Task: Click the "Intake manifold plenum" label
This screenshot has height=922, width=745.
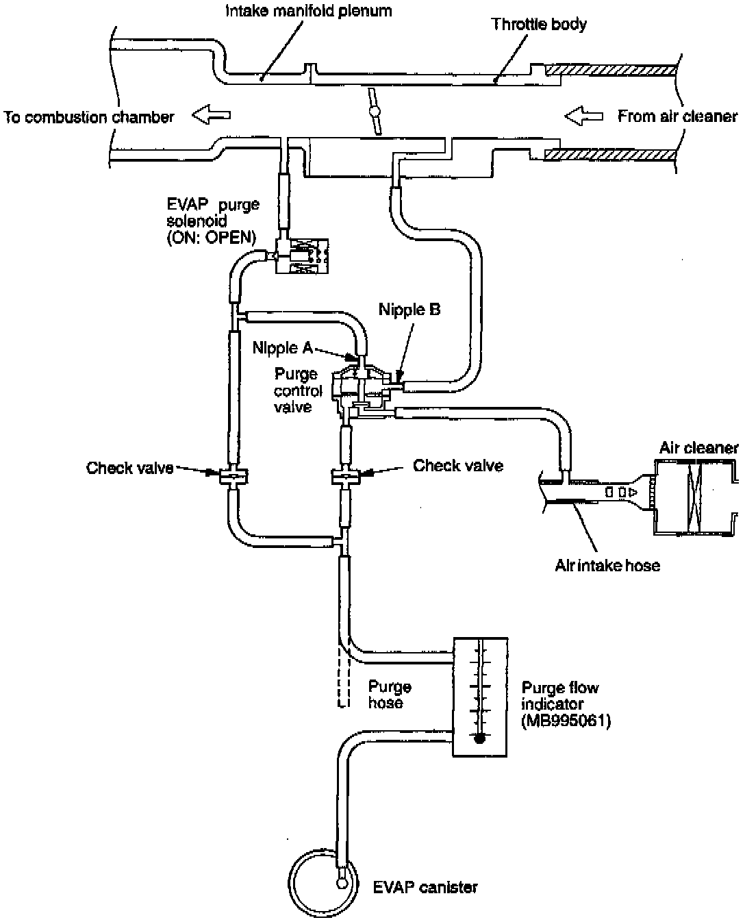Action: click(308, 11)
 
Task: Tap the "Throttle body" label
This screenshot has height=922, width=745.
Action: click(539, 25)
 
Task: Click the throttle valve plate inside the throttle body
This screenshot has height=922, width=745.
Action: click(374, 111)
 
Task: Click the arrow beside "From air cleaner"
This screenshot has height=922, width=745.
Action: click(583, 116)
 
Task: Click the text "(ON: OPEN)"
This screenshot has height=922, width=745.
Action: click(212, 238)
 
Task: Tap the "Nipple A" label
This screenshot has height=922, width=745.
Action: click(281, 348)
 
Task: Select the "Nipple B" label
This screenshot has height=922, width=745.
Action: click(409, 310)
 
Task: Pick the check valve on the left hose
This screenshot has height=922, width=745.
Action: click(233, 475)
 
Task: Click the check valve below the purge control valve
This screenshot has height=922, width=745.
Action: click(345, 476)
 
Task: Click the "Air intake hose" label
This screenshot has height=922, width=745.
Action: click(607, 565)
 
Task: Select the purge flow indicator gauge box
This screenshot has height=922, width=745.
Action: click(481, 696)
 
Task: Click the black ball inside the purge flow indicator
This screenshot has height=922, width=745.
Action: click(480, 738)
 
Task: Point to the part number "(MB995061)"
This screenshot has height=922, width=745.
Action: click(566, 721)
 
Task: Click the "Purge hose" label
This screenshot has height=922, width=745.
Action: click(390, 695)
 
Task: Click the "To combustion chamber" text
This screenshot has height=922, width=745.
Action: click(89, 117)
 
